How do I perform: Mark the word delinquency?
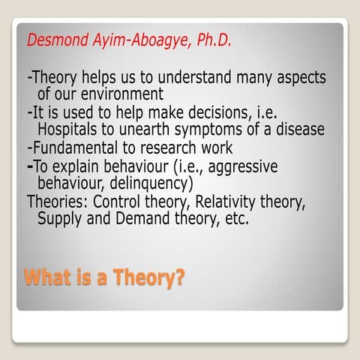point(148,182)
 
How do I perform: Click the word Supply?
point(59,218)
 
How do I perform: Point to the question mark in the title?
point(178,277)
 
